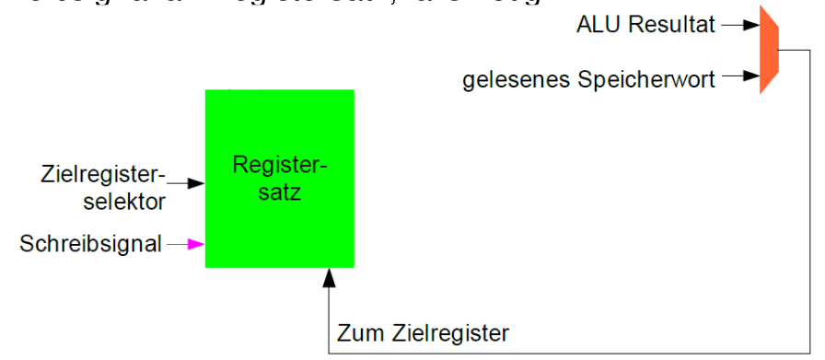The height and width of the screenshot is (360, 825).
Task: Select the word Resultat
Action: [x=674, y=25]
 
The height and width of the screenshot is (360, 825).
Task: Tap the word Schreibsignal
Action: [x=90, y=243]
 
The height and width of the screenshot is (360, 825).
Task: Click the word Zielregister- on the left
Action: [x=102, y=173]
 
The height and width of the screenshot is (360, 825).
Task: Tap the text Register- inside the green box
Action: [x=279, y=166]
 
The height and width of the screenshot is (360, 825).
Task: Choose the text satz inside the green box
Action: [x=279, y=193]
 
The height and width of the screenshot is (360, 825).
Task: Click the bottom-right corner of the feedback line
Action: [x=808, y=352]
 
